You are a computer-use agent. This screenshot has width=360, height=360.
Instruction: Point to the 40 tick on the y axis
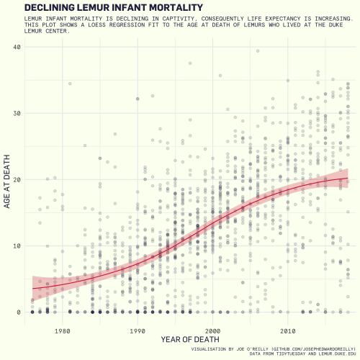(x=17, y=47)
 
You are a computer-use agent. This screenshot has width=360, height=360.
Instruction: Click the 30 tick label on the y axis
(x=17, y=113)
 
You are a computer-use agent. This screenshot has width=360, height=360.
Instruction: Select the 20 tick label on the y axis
(x=17, y=179)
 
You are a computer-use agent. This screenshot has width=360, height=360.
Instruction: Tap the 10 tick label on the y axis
(x=17, y=246)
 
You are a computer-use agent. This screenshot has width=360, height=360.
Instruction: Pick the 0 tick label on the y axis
(x=19, y=312)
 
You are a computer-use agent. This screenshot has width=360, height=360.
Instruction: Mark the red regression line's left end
(x=33, y=288)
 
